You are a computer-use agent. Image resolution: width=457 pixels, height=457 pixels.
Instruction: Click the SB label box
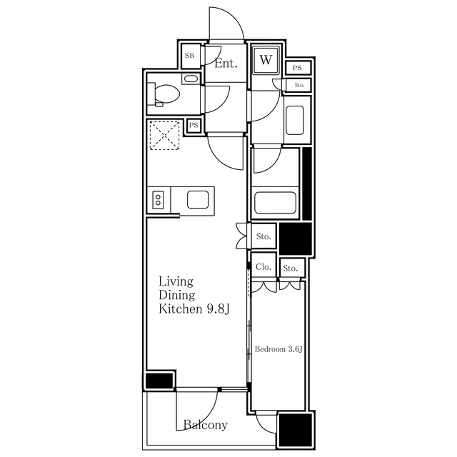tap(190, 56)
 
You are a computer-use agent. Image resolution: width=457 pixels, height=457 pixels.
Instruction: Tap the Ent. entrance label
tap(226, 64)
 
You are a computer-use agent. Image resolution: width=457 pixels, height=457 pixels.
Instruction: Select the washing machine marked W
tap(266, 60)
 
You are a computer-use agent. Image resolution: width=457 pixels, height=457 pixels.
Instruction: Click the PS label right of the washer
tap(297, 68)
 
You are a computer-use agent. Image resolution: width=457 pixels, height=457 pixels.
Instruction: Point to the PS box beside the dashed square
tap(194, 126)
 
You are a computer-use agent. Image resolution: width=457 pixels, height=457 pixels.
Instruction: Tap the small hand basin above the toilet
tap(191, 79)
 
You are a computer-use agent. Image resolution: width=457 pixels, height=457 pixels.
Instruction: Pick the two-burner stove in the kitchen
tap(159, 200)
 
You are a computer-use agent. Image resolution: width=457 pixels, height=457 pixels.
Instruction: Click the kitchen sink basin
tap(198, 200)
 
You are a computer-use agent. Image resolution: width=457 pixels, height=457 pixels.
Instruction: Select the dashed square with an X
tap(164, 136)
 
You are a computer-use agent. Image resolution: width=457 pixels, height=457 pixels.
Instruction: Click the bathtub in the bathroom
tap(275, 203)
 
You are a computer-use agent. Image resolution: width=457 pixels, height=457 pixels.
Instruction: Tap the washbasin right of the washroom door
tap(295, 120)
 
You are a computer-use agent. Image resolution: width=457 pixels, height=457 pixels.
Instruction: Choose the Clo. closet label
tap(263, 266)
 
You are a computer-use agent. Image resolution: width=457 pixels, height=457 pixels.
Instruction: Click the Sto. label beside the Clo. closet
tap(291, 268)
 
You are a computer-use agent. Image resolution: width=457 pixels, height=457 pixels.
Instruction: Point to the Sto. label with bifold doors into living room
tap(263, 236)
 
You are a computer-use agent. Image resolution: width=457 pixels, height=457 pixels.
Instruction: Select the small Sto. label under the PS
tap(299, 85)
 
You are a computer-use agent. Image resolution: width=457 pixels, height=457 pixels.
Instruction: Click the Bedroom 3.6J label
tap(278, 349)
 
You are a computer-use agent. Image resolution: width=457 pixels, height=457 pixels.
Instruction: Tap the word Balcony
tap(206, 425)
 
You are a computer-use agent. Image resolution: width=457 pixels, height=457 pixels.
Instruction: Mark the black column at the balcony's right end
tap(295, 430)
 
